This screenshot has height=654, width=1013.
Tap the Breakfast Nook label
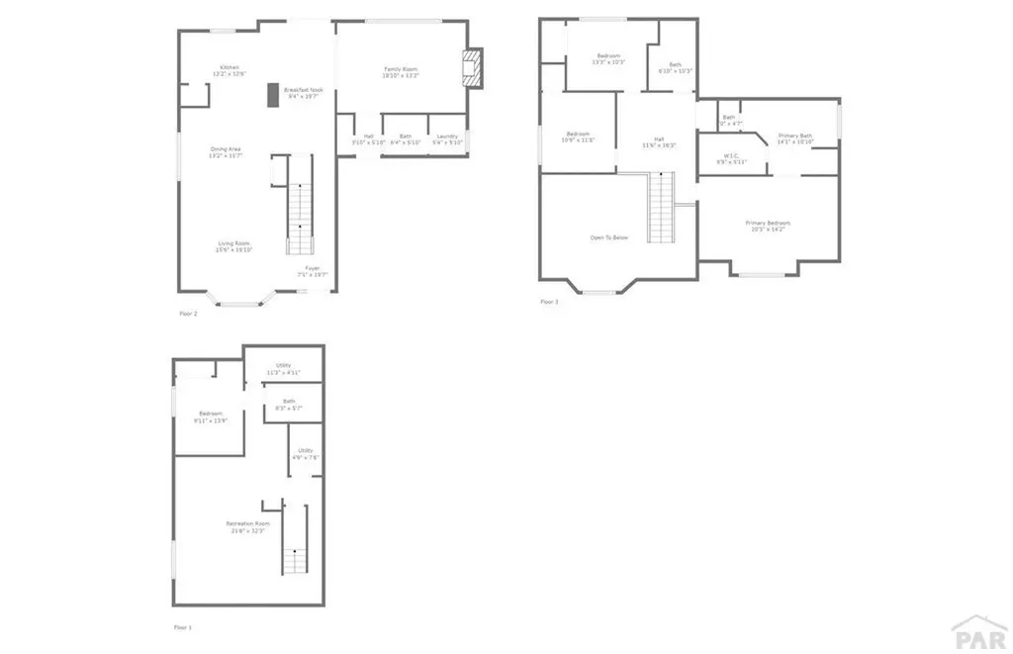click(304, 92)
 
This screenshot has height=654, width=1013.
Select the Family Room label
click(402, 71)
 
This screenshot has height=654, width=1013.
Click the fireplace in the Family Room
click(474, 69)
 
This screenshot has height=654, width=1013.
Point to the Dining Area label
click(226, 152)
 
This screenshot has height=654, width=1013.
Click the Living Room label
click(234, 246)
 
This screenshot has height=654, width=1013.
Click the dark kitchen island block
click(272, 94)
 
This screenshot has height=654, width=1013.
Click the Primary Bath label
click(795, 139)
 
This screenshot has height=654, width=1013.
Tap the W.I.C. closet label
click(732, 158)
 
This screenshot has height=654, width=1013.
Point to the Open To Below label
click(609, 237)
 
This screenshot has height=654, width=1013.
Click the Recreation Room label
click(247, 525)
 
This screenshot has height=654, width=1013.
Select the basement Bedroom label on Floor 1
click(211, 417)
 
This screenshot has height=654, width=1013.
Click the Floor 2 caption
click(188, 314)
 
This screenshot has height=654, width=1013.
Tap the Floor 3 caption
click(549, 302)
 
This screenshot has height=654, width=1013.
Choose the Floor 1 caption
click(182, 627)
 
